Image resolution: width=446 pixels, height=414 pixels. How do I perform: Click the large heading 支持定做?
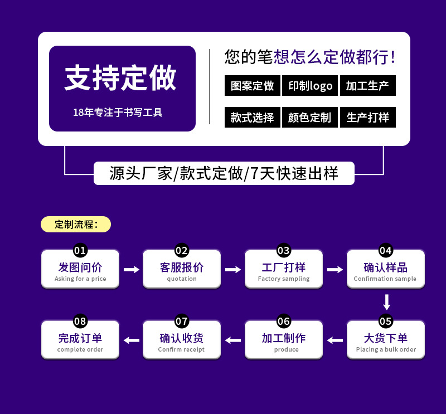coord(120,78)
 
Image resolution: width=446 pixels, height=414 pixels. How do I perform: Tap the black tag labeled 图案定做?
coord(253,86)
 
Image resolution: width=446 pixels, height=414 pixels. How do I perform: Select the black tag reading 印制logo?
coord(310,86)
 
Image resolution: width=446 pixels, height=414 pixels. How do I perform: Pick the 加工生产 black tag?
coord(367,86)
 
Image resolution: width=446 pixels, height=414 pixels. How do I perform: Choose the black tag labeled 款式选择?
coord(253,118)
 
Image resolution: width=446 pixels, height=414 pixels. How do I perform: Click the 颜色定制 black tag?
coord(310,118)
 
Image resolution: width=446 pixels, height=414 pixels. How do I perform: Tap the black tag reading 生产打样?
coord(367,118)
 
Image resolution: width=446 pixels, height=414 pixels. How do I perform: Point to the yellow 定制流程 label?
coord(76,225)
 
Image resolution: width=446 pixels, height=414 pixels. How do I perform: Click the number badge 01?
coord(80,250)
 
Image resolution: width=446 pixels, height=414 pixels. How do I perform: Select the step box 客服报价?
coord(182,269)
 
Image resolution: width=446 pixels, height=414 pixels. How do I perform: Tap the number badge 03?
coord(284,250)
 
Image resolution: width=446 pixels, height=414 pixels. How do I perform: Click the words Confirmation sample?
coord(385,279)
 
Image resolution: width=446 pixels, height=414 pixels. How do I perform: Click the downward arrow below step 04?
coord(386,302)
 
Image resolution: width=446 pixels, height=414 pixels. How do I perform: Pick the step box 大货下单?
coord(386,339)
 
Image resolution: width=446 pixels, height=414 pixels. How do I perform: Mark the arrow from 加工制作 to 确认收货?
coord(232,340)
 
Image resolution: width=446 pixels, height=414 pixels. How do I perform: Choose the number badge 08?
coord(80,321)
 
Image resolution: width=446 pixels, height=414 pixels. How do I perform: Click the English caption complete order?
coord(80,349)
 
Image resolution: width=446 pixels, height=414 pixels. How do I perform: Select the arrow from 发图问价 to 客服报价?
coord(131,270)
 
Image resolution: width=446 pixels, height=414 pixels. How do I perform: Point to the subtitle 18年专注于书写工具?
coord(118,113)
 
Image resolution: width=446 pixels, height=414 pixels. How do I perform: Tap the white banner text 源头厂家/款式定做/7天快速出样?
coord(224,173)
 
